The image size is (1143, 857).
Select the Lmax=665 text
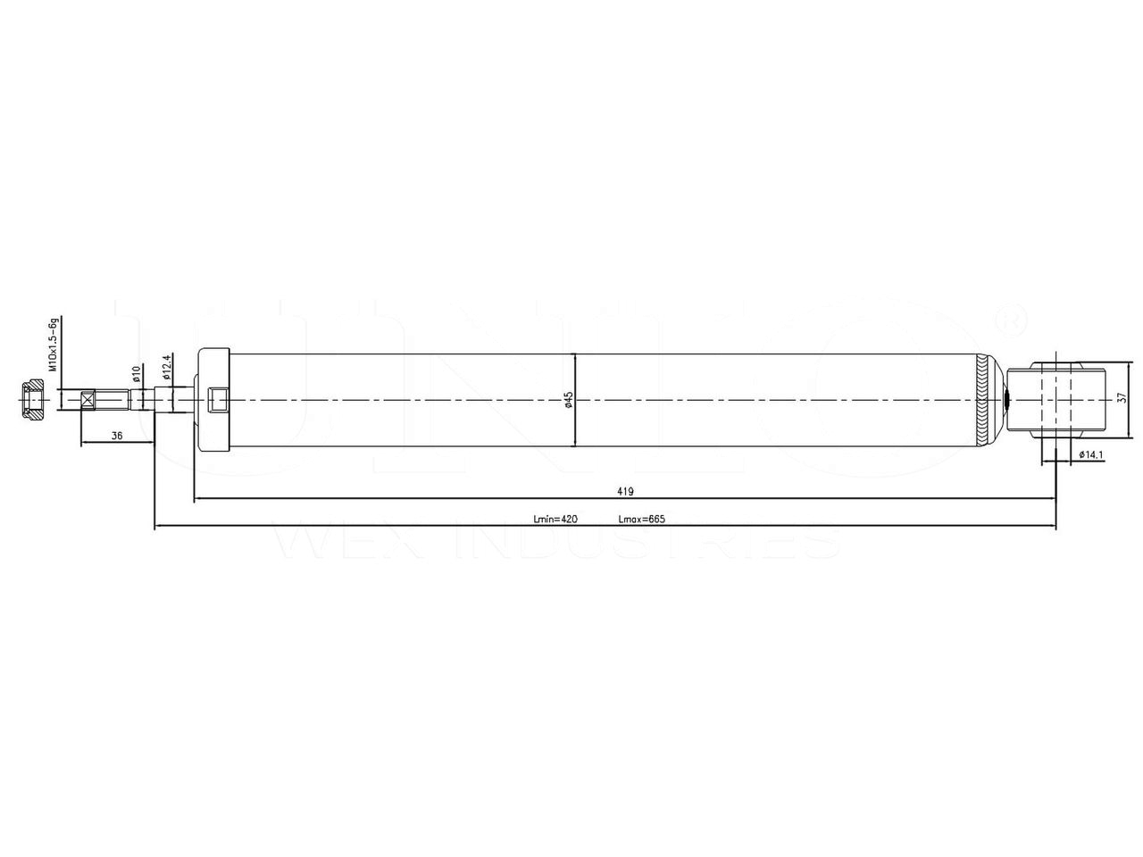(642, 520)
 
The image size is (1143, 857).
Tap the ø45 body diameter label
(568, 399)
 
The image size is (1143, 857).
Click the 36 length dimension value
(117, 435)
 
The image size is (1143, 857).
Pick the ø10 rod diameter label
(137, 372)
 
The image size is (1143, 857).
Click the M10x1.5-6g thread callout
(54, 344)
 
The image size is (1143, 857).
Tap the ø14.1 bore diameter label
(1092, 454)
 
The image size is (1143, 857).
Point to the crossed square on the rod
(88, 399)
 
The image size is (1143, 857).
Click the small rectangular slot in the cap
(218, 400)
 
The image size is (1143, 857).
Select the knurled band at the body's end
(983, 400)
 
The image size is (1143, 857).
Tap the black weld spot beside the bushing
(1007, 400)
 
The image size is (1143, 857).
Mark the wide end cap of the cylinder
(213, 399)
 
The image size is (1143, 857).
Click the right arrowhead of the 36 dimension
(151, 443)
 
